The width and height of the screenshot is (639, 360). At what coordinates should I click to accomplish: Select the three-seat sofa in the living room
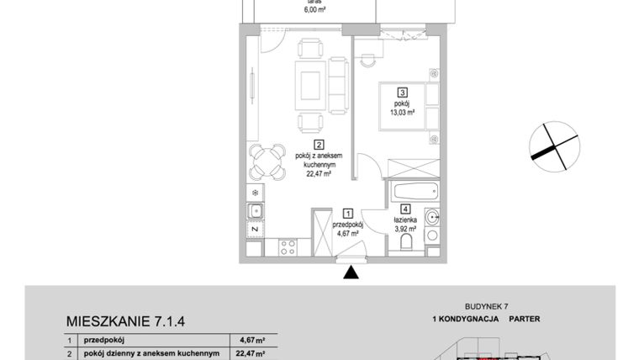coord(338,84)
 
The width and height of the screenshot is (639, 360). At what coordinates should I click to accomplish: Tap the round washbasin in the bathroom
coord(432,217)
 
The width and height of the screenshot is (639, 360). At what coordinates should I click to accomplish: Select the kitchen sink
coord(256,209)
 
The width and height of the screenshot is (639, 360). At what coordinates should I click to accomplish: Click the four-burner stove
coord(286,248)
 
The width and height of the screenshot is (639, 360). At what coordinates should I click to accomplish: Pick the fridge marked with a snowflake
coord(256,190)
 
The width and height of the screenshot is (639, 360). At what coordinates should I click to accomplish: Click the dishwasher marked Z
coord(255,229)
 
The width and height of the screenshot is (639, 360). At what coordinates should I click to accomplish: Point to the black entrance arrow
coord(351,272)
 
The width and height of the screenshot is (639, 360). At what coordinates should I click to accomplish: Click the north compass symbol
coord(554,142)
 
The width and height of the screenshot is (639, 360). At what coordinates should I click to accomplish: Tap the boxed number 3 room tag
coord(403,93)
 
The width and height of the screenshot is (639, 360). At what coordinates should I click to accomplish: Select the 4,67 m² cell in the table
coord(252,341)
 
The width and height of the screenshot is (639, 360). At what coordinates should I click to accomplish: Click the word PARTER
coord(524,320)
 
